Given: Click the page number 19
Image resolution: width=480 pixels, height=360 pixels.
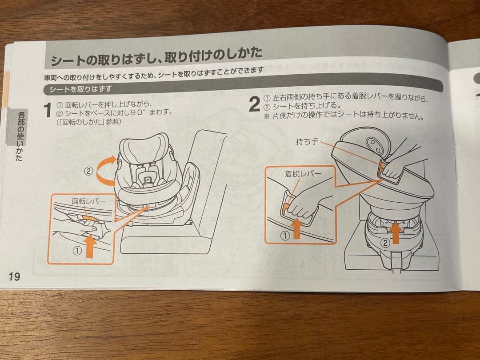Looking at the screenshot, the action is click(x=14, y=276).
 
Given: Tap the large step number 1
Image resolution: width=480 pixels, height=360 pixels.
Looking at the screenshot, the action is click(x=48, y=110).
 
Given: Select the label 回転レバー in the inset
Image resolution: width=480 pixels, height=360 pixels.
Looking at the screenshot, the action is click(x=88, y=201).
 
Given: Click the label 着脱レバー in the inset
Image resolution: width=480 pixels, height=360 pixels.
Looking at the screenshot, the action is click(x=303, y=174).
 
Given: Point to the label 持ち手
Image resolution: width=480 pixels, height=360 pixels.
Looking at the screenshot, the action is click(x=307, y=142).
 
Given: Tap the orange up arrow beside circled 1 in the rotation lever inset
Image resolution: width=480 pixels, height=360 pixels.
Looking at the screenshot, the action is click(x=90, y=246).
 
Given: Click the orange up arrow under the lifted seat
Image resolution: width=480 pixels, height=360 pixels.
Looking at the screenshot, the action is click(x=396, y=233).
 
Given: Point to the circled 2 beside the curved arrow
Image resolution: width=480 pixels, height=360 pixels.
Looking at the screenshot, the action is click(x=88, y=171).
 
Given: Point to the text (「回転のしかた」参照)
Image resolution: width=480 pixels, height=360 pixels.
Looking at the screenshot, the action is click(x=89, y=122).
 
